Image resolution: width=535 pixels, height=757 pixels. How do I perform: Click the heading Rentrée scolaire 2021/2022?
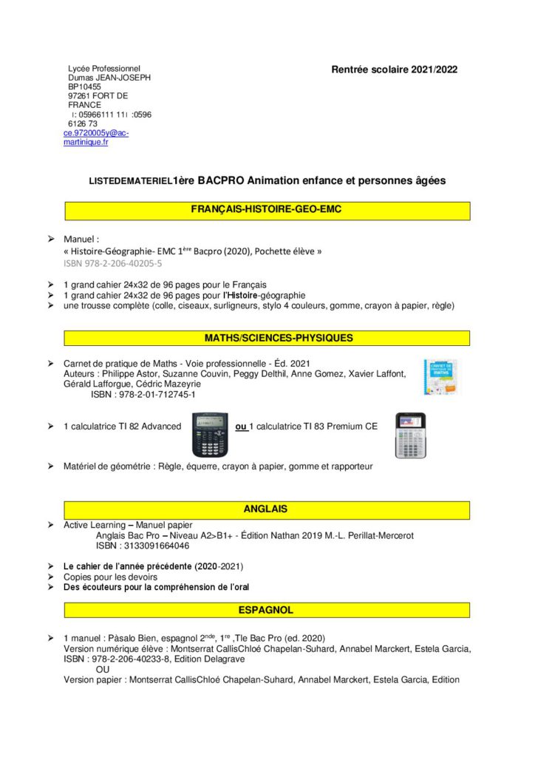tap(395, 69)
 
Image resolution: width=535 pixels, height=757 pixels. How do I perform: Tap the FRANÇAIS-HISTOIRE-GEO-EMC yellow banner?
tap(267, 210)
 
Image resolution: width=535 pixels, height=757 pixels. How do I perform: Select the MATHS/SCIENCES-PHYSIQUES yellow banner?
tap(267, 338)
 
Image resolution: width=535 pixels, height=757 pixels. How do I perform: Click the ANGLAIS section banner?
tap(267, 509)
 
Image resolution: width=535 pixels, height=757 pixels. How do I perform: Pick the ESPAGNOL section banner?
tap(267, 611)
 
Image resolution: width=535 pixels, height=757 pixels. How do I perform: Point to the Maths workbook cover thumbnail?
tap(440, 376)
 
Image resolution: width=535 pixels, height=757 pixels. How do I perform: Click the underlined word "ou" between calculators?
tap(241, 427)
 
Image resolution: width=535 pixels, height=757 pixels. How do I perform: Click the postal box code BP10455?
tap(85, 86)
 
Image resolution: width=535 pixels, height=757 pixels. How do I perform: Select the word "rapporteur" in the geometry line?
tap(351, 466)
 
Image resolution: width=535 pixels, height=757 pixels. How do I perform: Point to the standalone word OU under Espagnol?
tap(104, 669)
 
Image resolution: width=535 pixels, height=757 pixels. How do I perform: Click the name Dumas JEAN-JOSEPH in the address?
tap(109, 78)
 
